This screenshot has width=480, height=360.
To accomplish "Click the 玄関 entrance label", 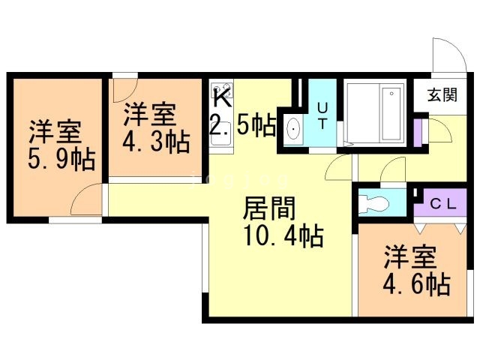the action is (442, 94).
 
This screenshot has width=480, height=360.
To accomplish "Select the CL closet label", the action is (443, 205).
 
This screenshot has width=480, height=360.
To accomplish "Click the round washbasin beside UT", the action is (294, 129).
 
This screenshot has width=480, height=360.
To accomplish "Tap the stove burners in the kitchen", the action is (222, 89).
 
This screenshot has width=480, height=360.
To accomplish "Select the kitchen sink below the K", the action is (221, 134).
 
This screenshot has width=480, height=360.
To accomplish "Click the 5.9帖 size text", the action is (61, 160).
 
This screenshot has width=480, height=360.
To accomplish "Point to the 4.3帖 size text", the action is (156, 142).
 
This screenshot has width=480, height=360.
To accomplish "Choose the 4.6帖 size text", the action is (416, 285).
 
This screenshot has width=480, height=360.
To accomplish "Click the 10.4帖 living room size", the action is (283, 235).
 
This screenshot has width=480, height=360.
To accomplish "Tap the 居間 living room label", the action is (268, 208).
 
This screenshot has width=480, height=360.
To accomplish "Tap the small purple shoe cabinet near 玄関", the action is (417, 133).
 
